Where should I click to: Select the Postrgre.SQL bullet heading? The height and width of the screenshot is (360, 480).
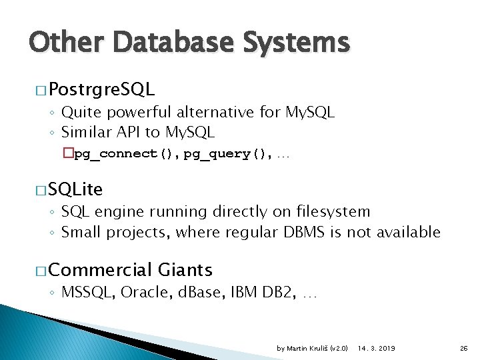pyautogui.click(x=101, y=89)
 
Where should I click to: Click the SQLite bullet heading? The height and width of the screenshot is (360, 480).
pyautogui.click(x=75, y=189)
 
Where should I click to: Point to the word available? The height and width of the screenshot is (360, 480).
pyautogui.click(x=408, y=232)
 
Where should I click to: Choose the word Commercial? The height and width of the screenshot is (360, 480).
pyautogui.click(x=101, y=270)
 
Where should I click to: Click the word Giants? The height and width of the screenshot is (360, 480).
pyautogui.click(x=185, y=270)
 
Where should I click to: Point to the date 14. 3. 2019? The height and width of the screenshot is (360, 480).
pyautogui.click(x=376, y=349)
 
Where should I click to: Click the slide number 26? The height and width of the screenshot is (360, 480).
pyautogui.click(x=463, y=349)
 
